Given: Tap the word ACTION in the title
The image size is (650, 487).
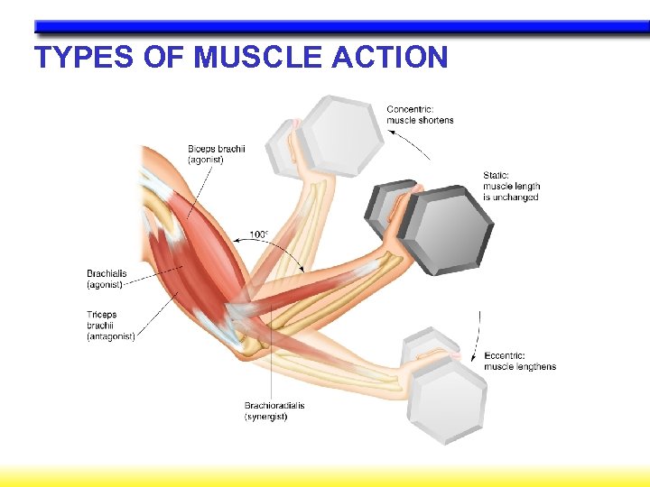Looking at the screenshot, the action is coord(390,58).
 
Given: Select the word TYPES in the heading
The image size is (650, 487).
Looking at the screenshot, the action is coord(87,58).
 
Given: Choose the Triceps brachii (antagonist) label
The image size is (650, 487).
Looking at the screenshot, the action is coord(110,326).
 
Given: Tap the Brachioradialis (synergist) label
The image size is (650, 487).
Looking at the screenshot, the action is coord(274,411).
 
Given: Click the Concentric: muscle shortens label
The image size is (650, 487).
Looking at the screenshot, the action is coord(420,115).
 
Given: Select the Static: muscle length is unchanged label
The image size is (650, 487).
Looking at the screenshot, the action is coord(511,187).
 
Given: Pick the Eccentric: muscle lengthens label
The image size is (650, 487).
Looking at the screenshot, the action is coord(520,361).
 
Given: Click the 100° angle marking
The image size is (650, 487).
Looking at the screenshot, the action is coord(258,235).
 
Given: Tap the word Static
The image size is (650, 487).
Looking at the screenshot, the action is coord(497,176).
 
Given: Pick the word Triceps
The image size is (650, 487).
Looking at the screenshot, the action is coord(102,315).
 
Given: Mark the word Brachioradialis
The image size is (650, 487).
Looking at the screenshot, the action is coord(274,406).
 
